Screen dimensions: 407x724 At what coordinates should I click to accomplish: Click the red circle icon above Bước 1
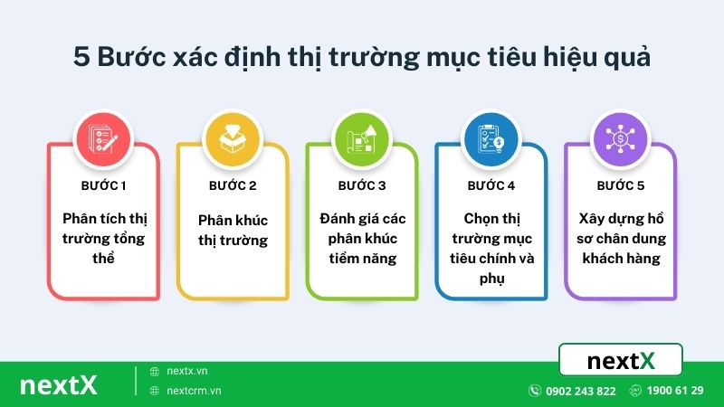tap(103, 137)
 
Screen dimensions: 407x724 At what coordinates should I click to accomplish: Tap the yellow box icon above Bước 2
tap(233, 137)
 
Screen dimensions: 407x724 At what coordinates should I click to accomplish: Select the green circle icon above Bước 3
tap(361, 137)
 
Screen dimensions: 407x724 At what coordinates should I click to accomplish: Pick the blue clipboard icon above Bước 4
tap(491, 137)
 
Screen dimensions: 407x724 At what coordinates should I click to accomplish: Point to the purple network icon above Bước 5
tap(620, 137)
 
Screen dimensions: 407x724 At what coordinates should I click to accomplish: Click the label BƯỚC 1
tap(103, 185)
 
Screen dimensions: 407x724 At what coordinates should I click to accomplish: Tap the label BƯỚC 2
tap(233, 185)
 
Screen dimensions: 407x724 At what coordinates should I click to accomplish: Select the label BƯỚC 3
tap(362, 185)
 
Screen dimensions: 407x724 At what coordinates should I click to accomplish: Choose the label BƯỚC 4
tap(491, 185)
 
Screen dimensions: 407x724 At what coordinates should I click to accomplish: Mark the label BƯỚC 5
tap(620, 185)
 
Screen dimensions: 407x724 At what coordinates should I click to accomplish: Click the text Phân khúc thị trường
tap(233, 230)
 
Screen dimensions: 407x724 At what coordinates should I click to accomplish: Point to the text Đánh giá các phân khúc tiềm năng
tap(362, 239)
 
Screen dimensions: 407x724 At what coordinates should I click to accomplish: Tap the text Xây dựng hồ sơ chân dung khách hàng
tap(620, 239)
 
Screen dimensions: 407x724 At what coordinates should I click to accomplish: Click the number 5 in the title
tap(81, 57)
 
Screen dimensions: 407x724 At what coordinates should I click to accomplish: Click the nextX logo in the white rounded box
tap(621, 361)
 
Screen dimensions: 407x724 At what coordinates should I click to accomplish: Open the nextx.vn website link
tap(187, 371)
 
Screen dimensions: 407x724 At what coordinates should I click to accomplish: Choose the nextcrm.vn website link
tap(194, 391)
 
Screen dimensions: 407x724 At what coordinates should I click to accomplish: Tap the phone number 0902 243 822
tap(581, 391)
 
